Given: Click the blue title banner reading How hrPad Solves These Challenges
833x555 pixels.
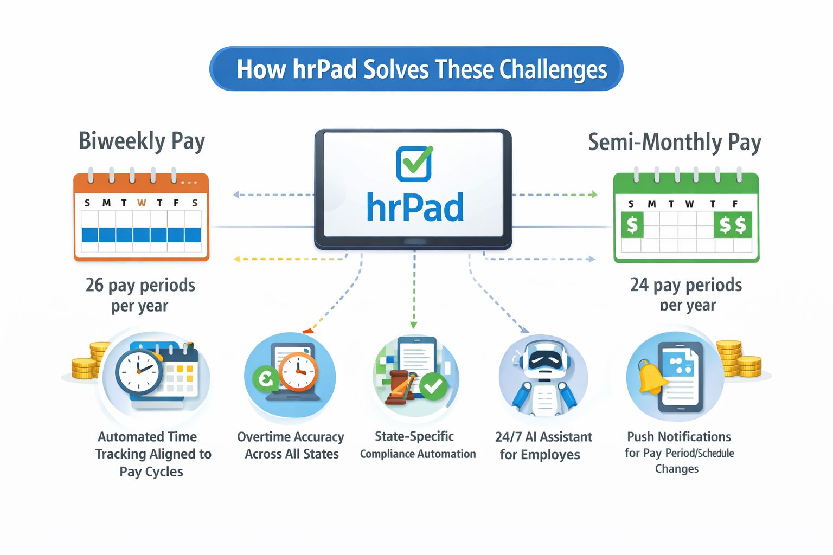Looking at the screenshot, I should tap(416, 69).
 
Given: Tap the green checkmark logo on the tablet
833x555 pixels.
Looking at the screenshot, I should tap(414, 163).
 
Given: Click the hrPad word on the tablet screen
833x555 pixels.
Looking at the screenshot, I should tap(415, 208).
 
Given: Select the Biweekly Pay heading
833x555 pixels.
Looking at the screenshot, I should tap(142, 141).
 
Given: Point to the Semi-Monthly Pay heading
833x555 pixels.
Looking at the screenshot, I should tap(675, 142).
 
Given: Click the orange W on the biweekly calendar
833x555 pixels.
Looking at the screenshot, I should tap(142, 203).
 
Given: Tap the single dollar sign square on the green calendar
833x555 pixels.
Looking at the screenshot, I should tap(632, 224).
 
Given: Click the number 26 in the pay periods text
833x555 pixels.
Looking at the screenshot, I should tap(94, 285).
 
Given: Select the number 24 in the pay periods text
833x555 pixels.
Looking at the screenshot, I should tap(639, 285).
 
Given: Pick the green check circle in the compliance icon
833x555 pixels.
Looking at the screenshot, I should tap(433, 386).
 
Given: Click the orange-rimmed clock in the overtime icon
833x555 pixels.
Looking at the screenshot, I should tap(298, 372).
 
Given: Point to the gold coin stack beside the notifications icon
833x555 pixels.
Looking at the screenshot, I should tap(740, 360).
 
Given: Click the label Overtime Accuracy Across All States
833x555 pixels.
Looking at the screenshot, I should tap(291, 445).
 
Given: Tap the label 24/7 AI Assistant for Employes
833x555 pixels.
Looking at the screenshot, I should tap(543, 446).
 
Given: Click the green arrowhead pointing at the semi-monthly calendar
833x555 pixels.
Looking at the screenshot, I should tap(594, 195).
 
